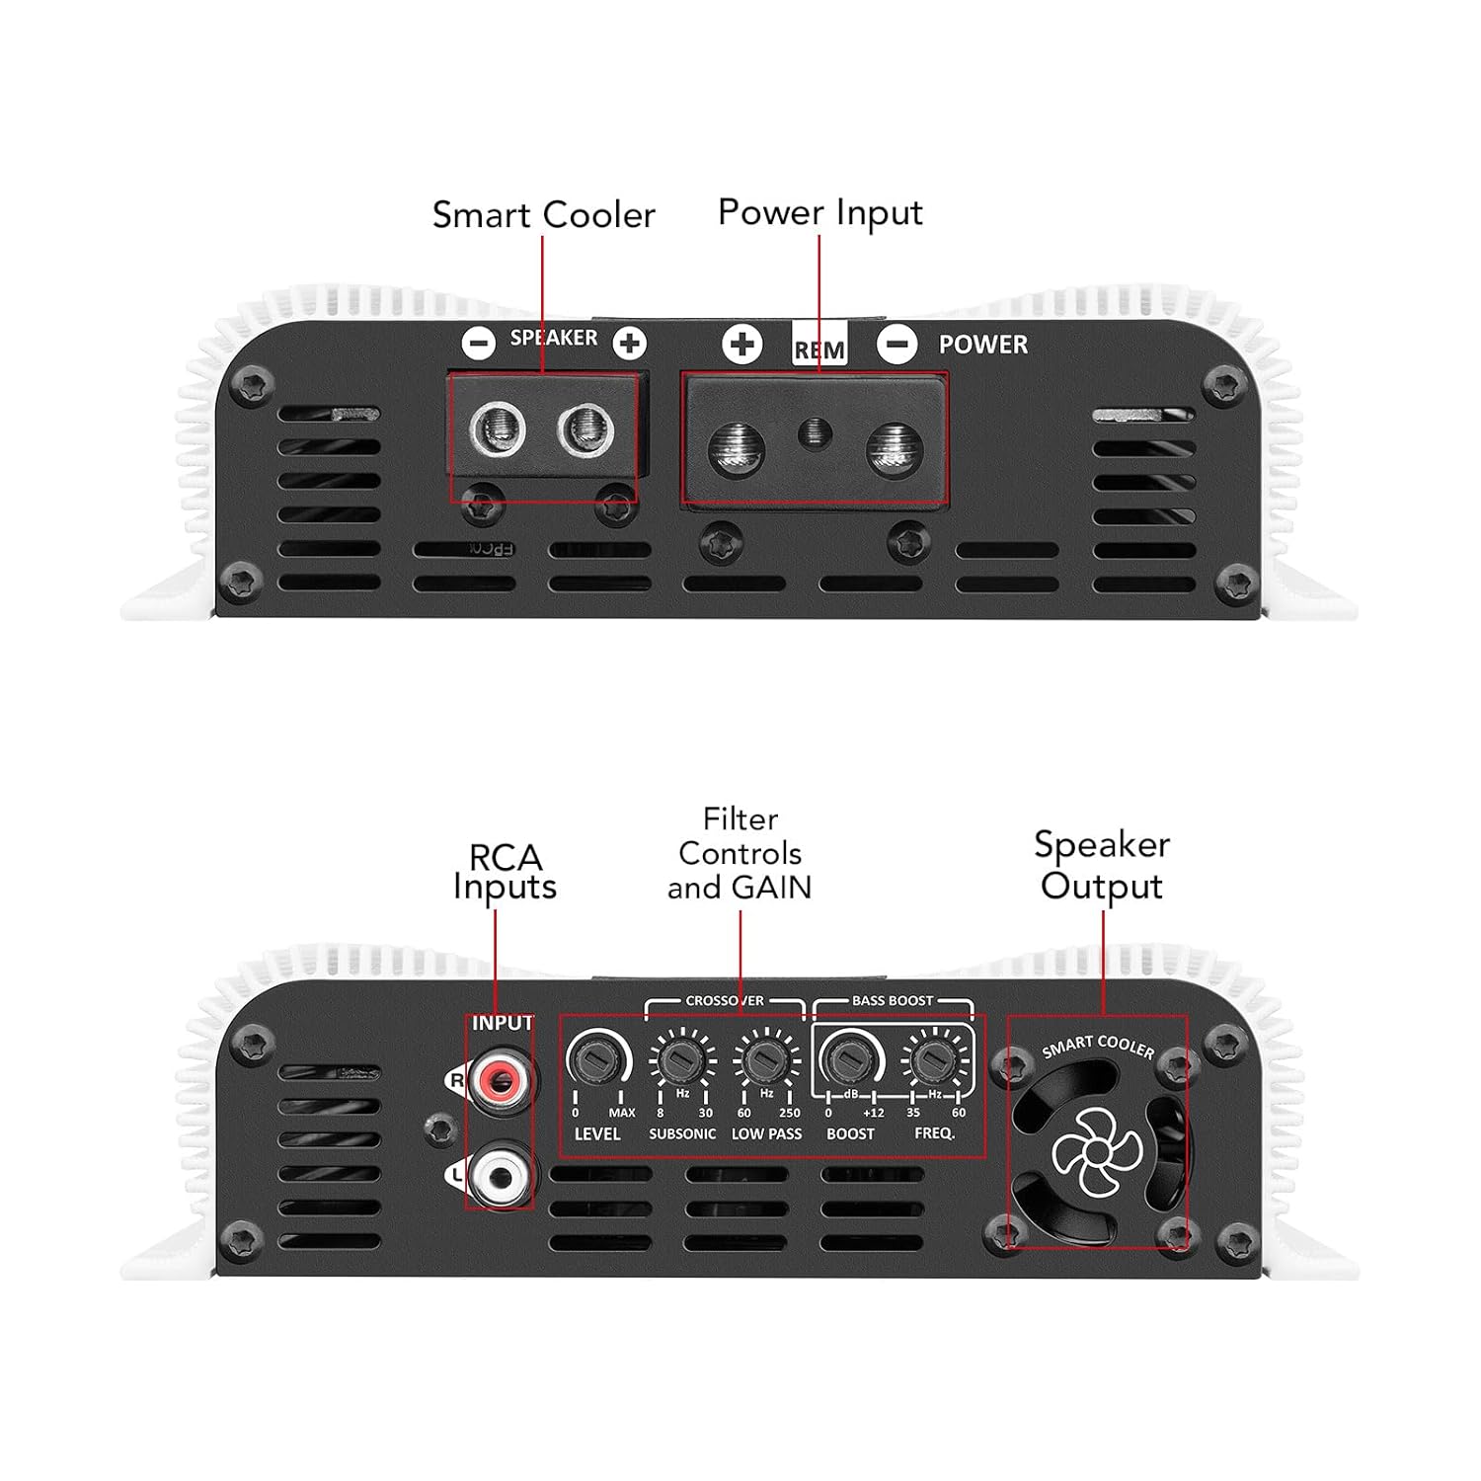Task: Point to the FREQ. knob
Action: point(932,1059)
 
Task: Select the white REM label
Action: point(819,349)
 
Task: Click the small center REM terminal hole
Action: point(814,431)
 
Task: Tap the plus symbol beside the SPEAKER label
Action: point(630,343)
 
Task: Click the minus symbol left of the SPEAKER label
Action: point(479,343)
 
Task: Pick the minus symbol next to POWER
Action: point(896,344)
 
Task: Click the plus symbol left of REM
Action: point(741,344)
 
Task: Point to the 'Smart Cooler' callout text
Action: point(544,215)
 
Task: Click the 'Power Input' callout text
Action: point(820,213)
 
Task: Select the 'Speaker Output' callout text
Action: point(1102,865)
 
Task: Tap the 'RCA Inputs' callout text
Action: point(505,872)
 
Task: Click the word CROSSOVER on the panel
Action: point(725,1000)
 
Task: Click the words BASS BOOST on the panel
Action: point(892,1000)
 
